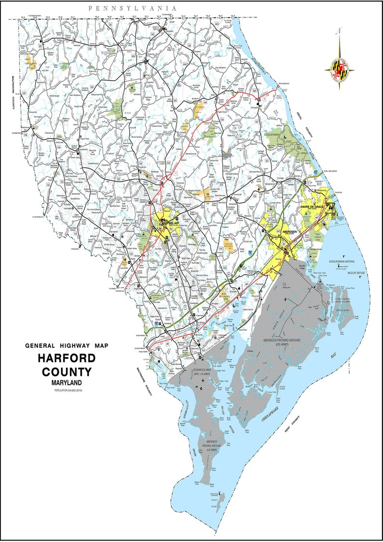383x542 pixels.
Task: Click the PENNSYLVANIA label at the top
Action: pos(132,8)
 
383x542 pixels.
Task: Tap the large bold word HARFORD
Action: pos(67,359)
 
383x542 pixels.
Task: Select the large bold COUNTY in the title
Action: pos(67,372)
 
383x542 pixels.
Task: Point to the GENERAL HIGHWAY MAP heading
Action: pos(66,346)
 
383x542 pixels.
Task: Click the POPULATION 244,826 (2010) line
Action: pos(67,389)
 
